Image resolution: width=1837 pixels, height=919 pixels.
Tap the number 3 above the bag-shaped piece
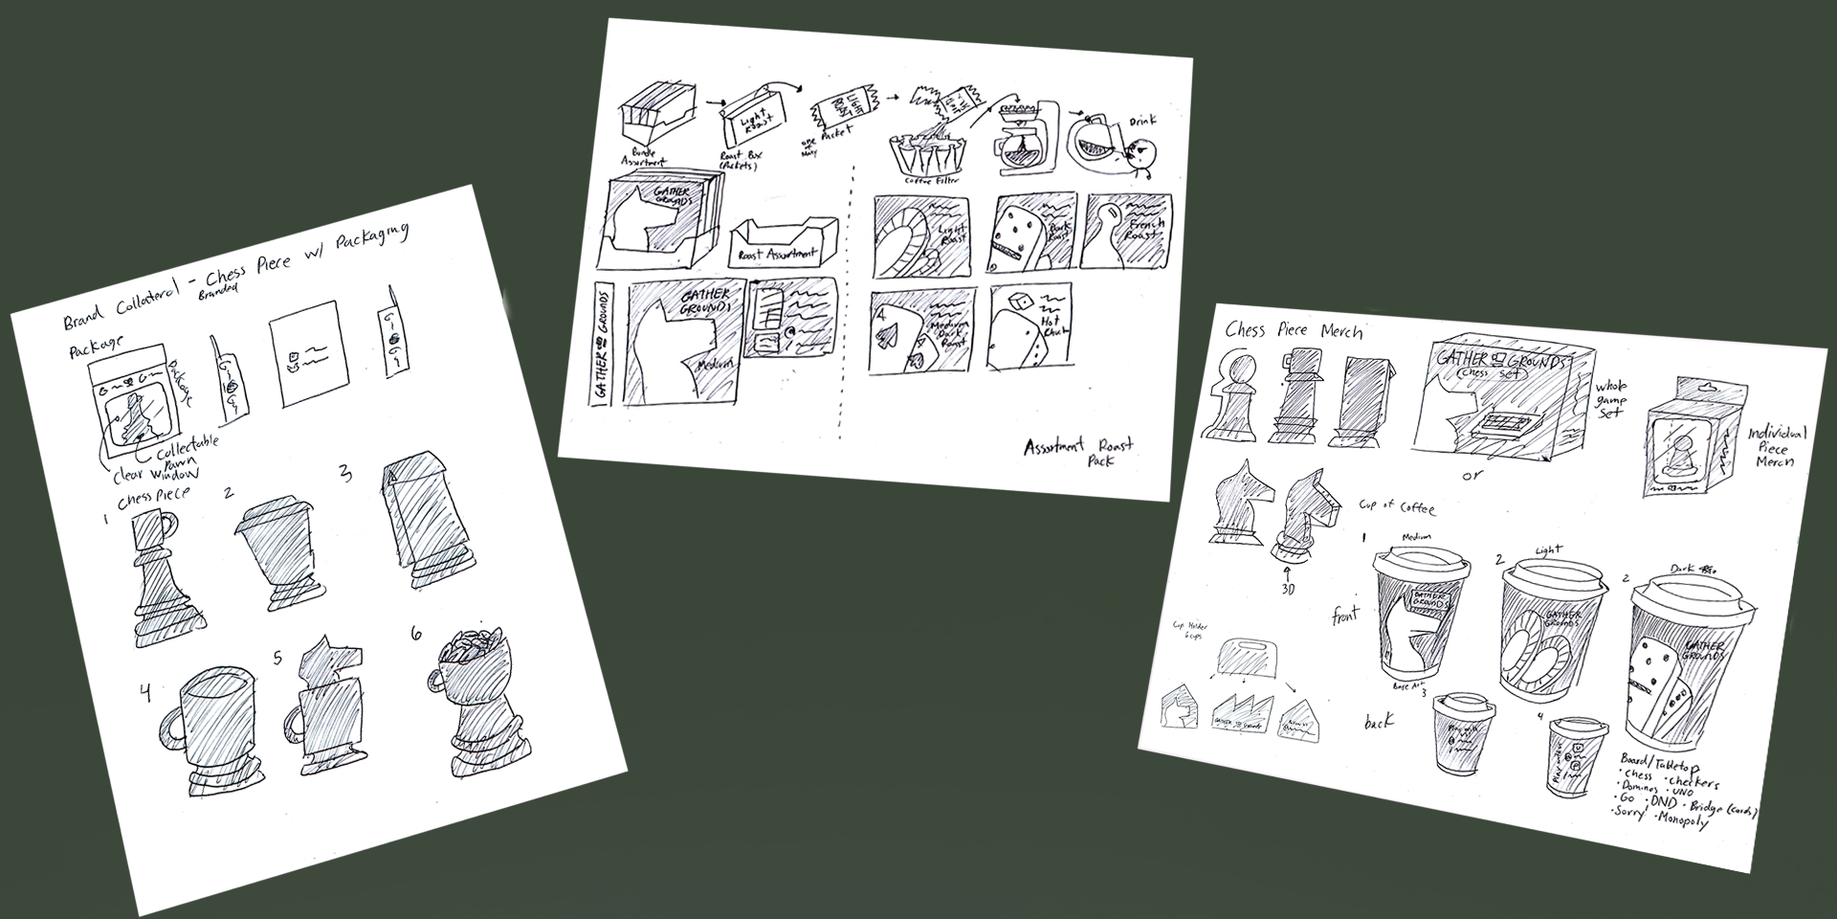tap(345, 473)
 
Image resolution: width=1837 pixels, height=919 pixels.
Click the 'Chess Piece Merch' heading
tap(1293, 331)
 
